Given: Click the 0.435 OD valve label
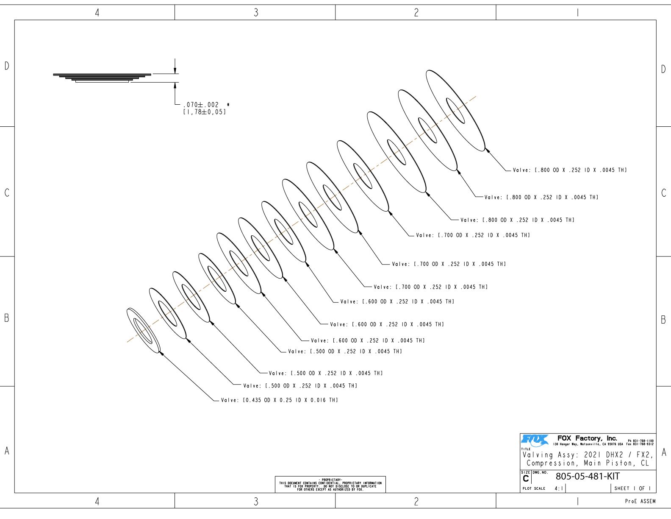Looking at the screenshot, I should coord(279,400).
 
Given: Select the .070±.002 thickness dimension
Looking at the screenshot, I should coord(201,105).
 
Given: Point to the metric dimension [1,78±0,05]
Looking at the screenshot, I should coord(204,112).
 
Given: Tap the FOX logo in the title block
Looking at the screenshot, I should coord(535,441).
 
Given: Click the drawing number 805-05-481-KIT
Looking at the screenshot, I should coord(587,476).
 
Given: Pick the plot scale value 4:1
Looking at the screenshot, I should coord(559,488).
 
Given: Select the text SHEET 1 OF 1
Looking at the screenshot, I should coord(632,488).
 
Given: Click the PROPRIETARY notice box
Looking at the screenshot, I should coord(330,485).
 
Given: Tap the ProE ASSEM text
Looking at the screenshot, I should coord(640,501).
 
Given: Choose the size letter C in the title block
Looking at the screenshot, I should coord(526,479).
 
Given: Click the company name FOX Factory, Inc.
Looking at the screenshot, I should coord(587,438).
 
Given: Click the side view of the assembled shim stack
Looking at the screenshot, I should coord(102,77).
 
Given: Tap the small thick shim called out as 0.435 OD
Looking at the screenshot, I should coord(143,330).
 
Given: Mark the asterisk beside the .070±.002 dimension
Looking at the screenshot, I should coord(228,104).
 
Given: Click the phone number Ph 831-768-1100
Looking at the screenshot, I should coord(640,441).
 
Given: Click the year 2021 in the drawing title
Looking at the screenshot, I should coord(593,455).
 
